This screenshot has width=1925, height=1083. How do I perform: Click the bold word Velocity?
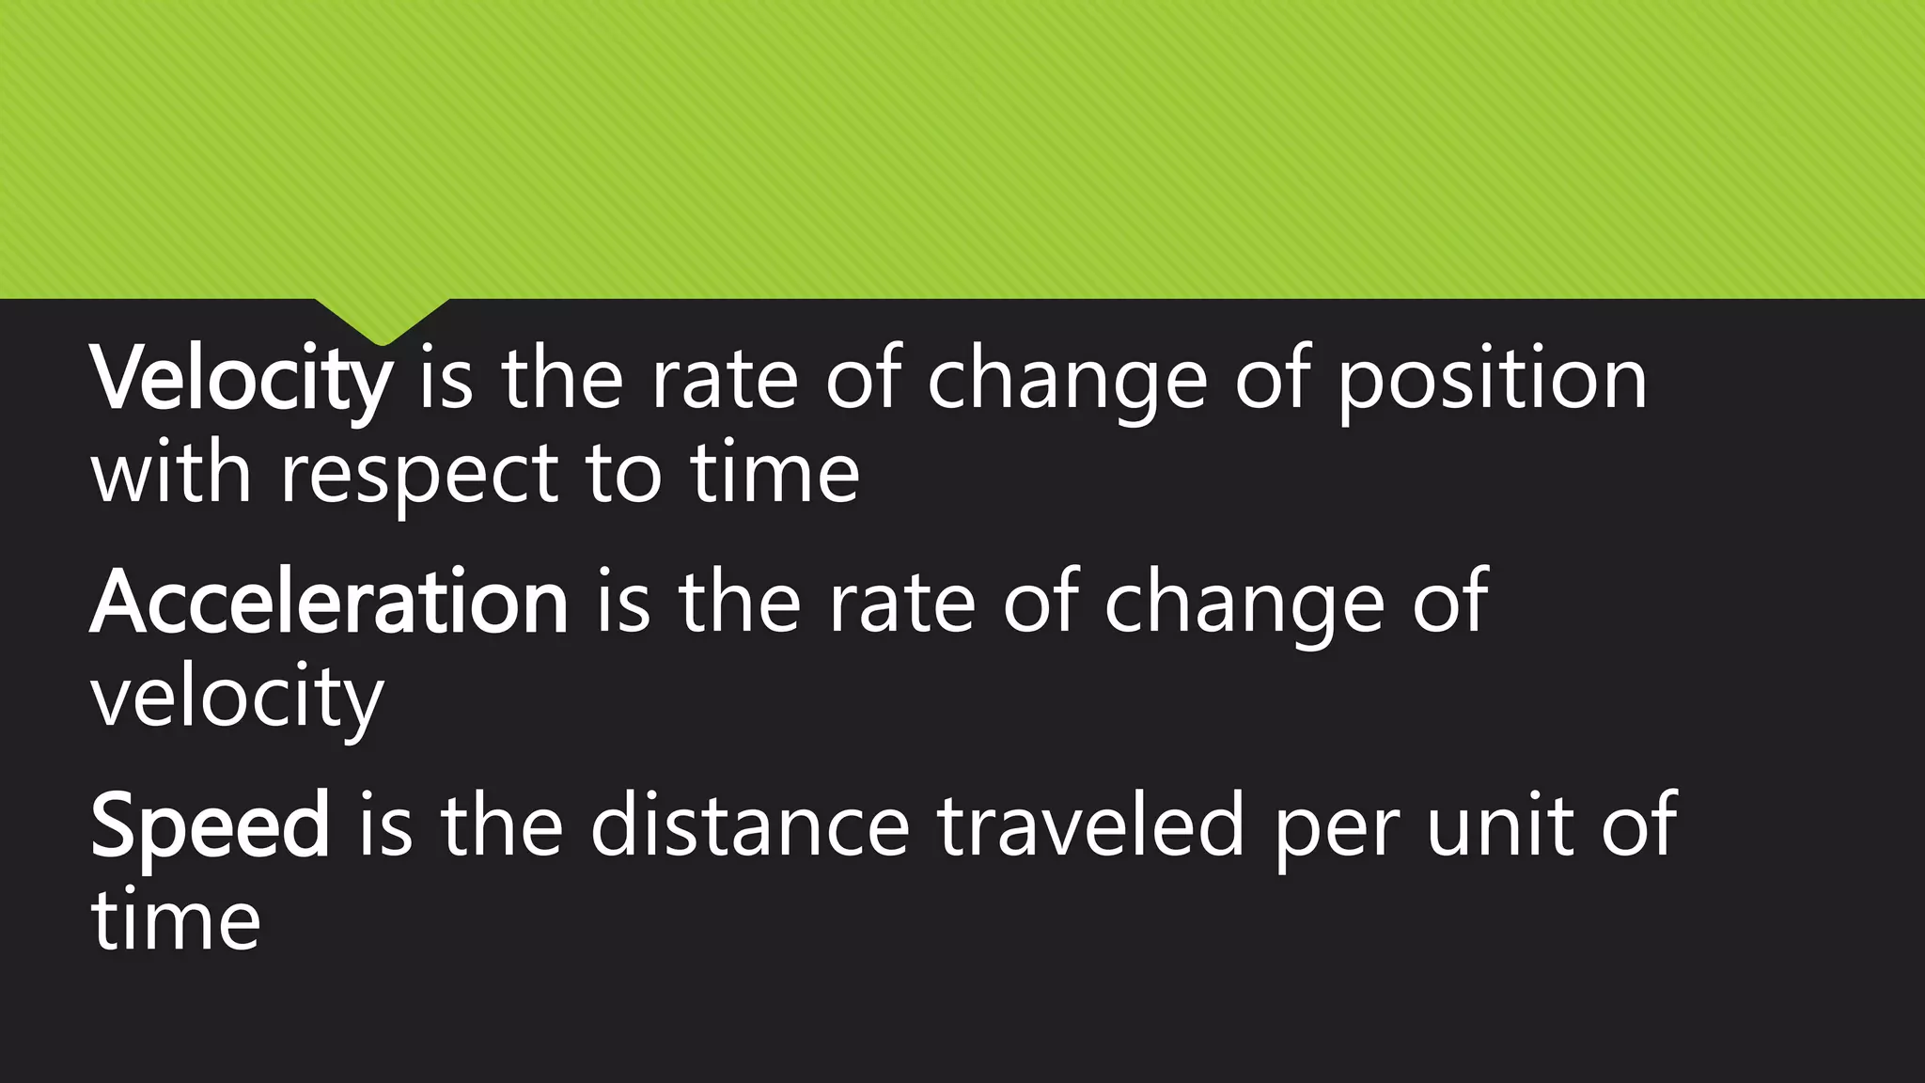(x=242, y=380)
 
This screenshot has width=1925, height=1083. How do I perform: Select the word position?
(x=1492, y=380)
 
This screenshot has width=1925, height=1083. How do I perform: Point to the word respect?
(x=420, y=476)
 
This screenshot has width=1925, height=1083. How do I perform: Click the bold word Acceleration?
(x=329, y=603)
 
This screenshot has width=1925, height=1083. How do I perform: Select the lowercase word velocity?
(x=238, y=698)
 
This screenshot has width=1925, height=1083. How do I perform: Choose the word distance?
(x=750, y=825)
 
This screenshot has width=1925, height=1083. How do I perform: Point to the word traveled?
(x=1090, y=825)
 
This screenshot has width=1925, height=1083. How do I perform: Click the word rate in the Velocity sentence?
(x=724, y=380)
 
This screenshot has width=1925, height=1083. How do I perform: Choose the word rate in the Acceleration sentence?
(x=900, y=603)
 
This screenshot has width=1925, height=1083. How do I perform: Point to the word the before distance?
(x=501, y=825)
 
